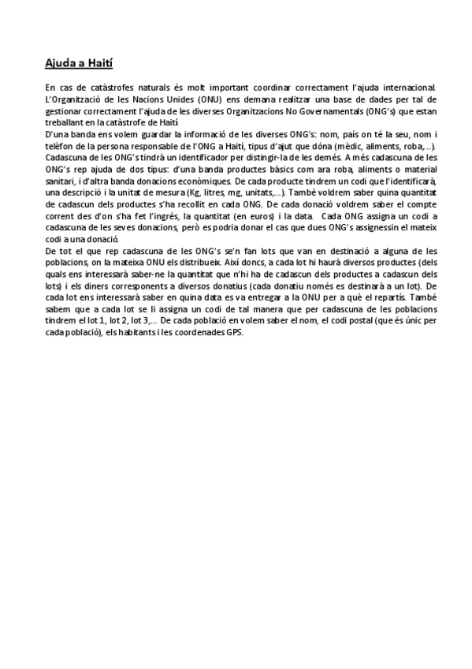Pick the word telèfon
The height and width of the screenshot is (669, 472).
tap(61, 148)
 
